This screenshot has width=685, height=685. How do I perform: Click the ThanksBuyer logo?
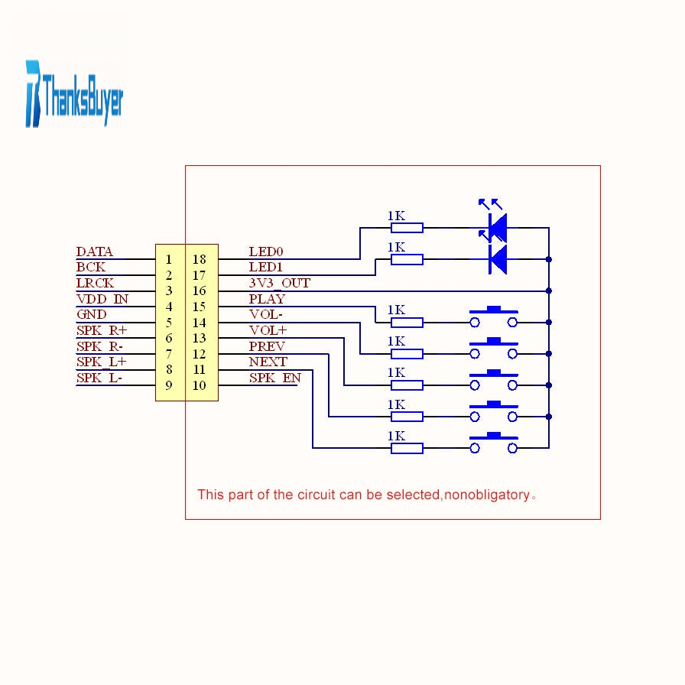coord(74,94)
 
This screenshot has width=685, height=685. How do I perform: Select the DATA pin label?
coord(94,252)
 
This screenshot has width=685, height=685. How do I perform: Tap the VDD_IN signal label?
coord(102,299)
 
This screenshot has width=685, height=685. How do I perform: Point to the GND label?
coord(91,314)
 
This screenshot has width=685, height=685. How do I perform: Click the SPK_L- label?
coord(99,378)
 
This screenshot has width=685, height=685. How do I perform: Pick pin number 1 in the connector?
coord(169,259)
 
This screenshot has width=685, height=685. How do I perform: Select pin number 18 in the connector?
coord(200,259)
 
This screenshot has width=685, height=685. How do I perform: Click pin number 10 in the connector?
coord(200,385)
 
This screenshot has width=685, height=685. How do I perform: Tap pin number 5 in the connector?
coord(169,323)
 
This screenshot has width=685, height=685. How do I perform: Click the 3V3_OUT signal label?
coord(280,283)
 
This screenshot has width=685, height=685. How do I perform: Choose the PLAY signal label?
coord(267,299)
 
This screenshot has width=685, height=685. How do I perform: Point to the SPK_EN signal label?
coord(275,378)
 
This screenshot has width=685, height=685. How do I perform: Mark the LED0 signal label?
coord(266,252)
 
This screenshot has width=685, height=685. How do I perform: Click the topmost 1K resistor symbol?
coord(407,228)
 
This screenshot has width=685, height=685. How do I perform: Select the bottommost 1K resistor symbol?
coord(407,448)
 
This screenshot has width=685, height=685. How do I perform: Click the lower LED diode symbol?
coord(498,259)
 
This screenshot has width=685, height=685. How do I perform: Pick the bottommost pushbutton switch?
coord(494,443)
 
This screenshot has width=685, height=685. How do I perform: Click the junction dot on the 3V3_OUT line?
coord(549,291)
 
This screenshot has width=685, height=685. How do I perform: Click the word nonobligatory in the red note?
coord(487,495)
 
